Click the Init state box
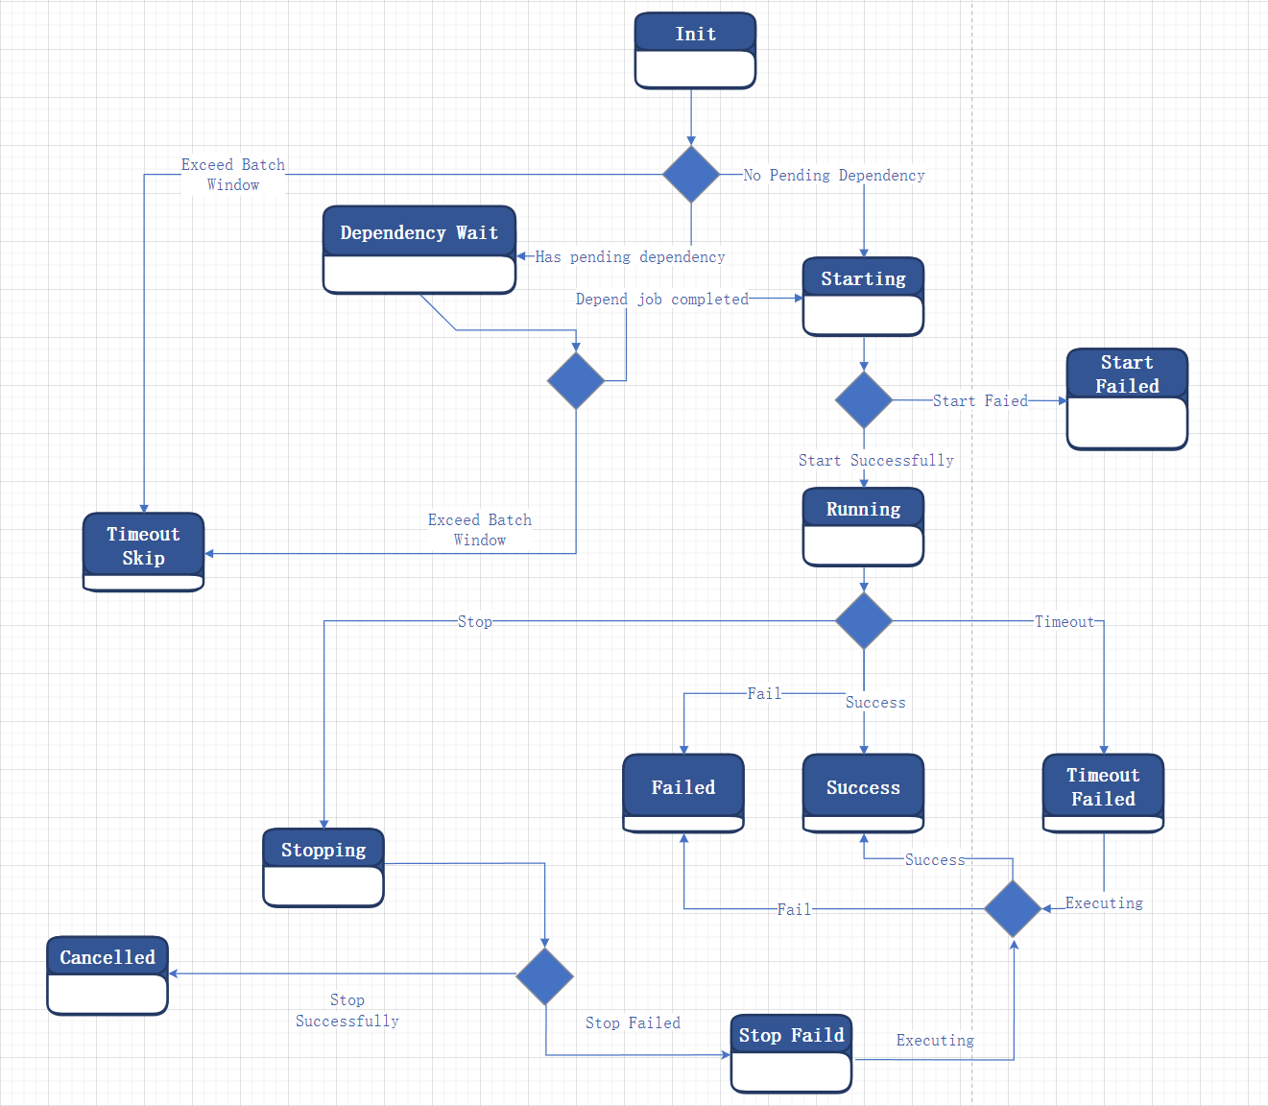[695, 51]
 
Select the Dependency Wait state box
[419, 250]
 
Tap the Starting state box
[863, 297]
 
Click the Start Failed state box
[1127, 398]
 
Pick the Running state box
[863, 527]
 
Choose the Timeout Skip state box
[143, 552]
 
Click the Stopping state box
[323, 868]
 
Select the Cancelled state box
[108, 975]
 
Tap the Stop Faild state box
[791, 1053]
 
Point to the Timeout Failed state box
[1103, 792]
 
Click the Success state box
[863, 792]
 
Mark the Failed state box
[683, 792]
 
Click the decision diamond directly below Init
[691, 175]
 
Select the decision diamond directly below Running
[864, 621]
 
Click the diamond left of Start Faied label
[864, 399]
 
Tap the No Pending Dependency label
[833, 176]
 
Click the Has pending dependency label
[630, 257]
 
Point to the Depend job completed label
[661, 300]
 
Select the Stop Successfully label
[347, 1011]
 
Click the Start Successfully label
[875, 461]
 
